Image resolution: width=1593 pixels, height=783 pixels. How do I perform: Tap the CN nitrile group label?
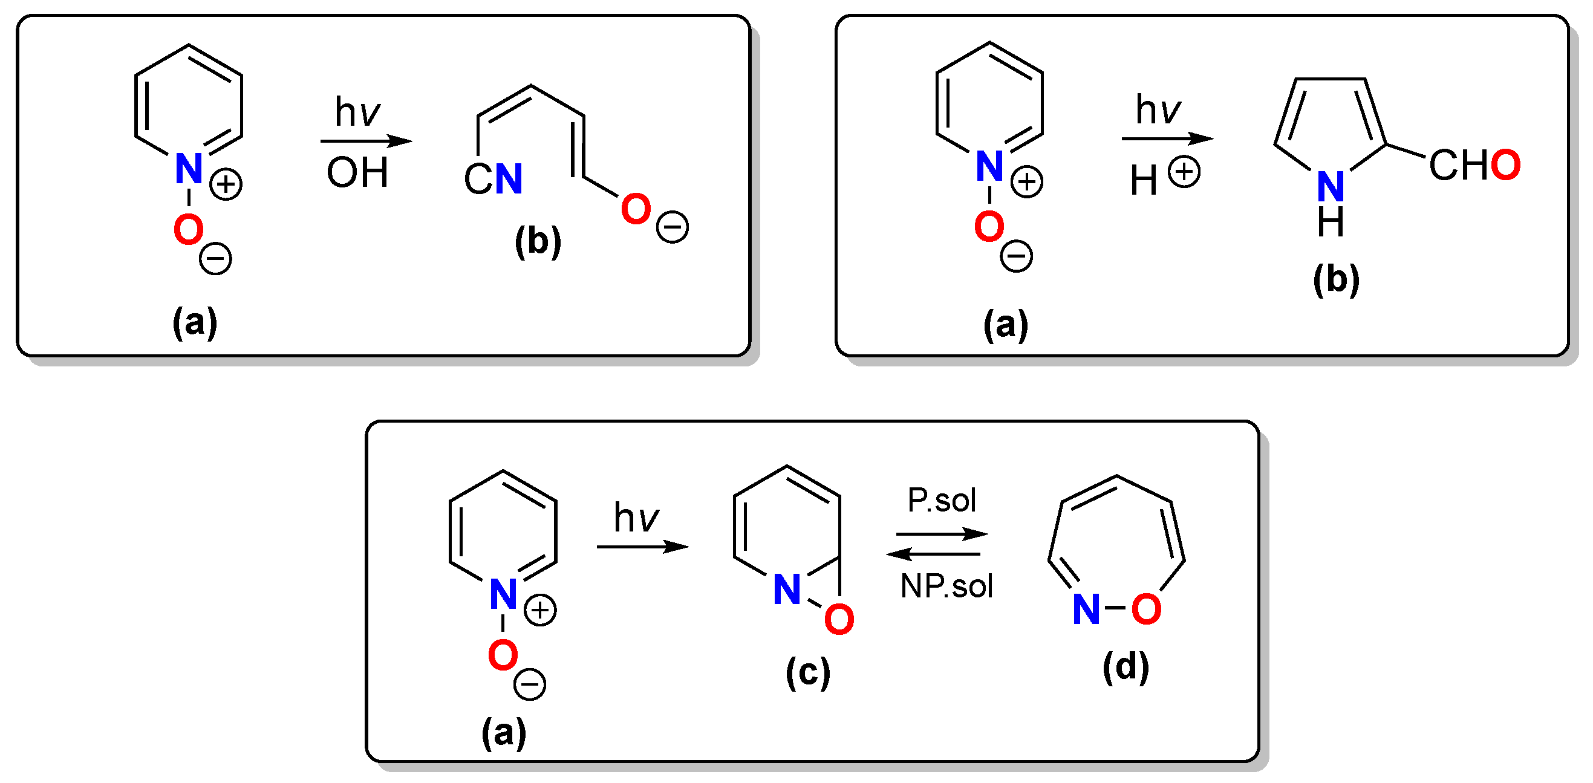click(494, 180)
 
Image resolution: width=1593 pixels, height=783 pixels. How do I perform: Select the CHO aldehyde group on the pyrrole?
click(1474, 165)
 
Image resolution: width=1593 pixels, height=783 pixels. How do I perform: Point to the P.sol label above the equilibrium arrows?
click(941, 500)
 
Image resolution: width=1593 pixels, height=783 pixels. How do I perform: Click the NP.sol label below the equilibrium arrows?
click(946, 586)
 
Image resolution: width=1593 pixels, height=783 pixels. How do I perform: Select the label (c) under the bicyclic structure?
click(807, 672)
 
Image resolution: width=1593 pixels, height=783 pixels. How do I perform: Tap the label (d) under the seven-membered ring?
click(1126, 668)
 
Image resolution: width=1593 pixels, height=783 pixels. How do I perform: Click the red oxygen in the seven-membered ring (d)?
click(1146, 609)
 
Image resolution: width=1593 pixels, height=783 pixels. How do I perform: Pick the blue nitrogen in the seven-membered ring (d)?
click(1087, 609)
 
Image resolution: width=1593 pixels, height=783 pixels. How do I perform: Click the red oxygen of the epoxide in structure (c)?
click(839, 620)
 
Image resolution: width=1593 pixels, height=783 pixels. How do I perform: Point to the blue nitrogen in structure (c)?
click(787, 590)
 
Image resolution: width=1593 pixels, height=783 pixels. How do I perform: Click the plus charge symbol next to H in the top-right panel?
click(1184, 172)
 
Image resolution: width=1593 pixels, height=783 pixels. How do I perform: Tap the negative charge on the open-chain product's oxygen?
click(672, 227)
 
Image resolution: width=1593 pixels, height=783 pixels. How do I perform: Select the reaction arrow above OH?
click(365, 141)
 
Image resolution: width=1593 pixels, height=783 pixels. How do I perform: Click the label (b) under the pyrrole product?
click(1336, 279)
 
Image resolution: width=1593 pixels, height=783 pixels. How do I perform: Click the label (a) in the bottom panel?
click(504, 733)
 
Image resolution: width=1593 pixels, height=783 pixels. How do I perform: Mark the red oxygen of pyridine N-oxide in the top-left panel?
click(189, 229)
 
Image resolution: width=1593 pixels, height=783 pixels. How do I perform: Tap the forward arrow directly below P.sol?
click(941, 533)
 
